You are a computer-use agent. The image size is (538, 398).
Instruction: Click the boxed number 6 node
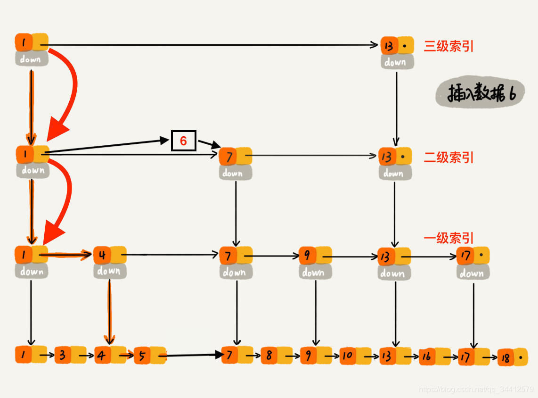click(x=183, y=141)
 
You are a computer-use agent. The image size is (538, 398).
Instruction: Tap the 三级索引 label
click(x=448, y=46)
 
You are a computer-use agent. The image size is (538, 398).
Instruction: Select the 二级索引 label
click(x=448, y=158)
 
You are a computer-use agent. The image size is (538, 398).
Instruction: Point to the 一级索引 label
click(x=448, y=238)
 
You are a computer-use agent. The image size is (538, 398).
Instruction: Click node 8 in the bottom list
click(x=276, y=355)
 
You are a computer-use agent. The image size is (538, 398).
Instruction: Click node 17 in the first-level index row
click(x=473, y=256)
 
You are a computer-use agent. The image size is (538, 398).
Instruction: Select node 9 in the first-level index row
click(x=315, y=256)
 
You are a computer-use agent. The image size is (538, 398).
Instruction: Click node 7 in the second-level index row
click(x=235, y=156)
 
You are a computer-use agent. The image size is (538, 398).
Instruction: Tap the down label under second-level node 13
click(x=395, y=173)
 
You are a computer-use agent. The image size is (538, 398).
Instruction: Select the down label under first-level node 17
click(x=473, y=273)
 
